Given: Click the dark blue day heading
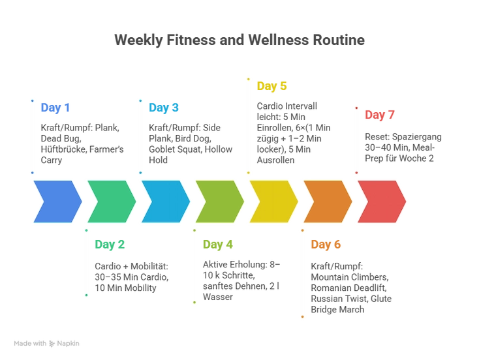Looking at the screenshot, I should pos(55,108).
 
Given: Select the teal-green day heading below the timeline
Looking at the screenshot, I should pos(111,245).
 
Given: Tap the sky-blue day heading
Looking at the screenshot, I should pos(164,108).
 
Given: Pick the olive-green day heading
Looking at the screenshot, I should pos(219,245).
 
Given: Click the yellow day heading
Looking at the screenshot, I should pos(272,86).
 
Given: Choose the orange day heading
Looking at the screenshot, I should pos(326,245).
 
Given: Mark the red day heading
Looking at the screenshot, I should pos(380,115).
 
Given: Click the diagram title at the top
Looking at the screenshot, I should pos(239,41).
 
